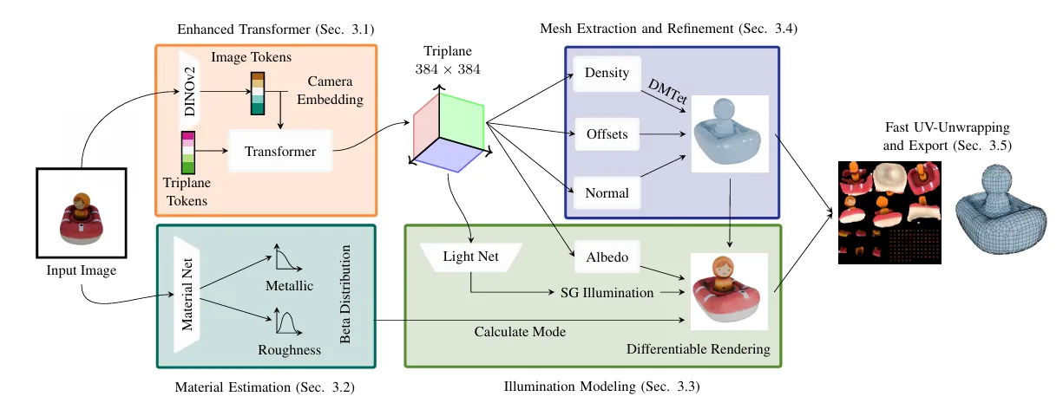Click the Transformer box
279,152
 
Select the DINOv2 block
188,88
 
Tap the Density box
607,73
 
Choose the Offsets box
607,134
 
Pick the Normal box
607,192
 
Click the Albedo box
607,257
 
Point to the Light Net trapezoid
470,257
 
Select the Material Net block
187,295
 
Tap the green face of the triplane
461,121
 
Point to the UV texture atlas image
889,212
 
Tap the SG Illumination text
607,293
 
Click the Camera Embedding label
330,91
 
